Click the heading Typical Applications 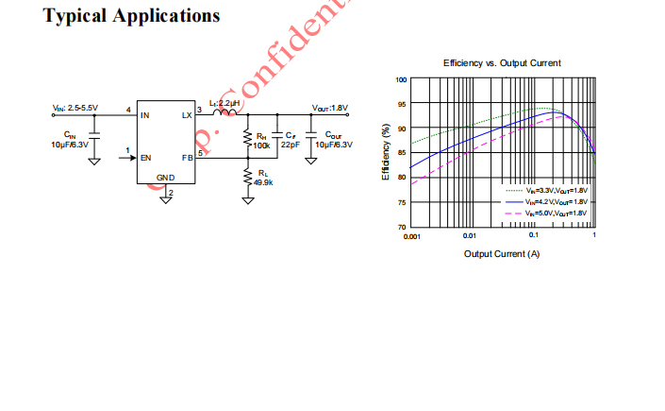132,16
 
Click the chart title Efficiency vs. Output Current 502,63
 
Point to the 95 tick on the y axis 401,104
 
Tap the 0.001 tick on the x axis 412,235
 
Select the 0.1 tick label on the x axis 533,235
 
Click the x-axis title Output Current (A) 502,253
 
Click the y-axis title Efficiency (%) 386,153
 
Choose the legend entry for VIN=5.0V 556,214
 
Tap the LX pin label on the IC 186,115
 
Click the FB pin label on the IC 187,158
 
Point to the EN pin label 145,158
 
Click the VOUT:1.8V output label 330,108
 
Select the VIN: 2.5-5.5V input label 75,108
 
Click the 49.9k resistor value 263,182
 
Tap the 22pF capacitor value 290,146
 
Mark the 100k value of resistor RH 261,146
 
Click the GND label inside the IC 165,178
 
